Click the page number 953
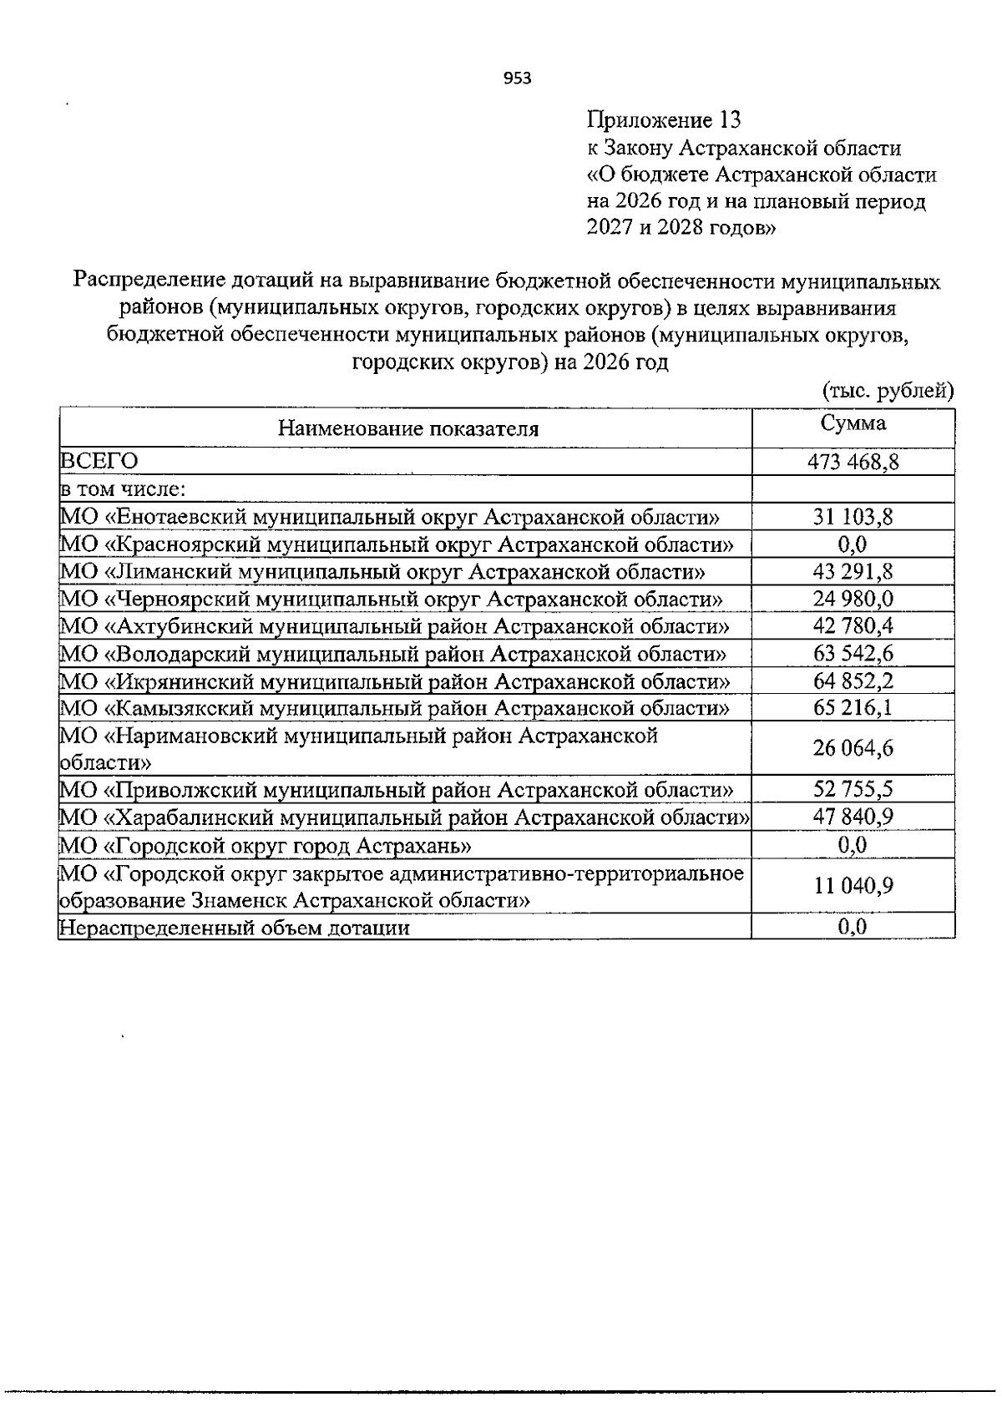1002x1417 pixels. pos(518,78)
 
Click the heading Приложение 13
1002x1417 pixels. pos(664,120)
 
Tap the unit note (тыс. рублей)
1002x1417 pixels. pos(888,391)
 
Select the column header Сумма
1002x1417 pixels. pos(853,423)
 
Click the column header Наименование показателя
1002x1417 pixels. pos(407,429)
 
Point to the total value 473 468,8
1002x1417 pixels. pos(853,462)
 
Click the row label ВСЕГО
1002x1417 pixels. pos(99,462)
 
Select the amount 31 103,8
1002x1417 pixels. pos(853,518)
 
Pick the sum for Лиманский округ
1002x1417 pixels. pos(853,573)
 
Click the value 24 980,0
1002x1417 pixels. pos(853,600)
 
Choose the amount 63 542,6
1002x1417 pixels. pos(853,654)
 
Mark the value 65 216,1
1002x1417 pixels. pos(853,708)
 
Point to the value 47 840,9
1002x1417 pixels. pos(853,817)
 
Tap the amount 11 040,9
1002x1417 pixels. pos(853,886)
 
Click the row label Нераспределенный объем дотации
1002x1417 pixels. pos(234,928)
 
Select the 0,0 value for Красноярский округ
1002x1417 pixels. pos(853,545)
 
